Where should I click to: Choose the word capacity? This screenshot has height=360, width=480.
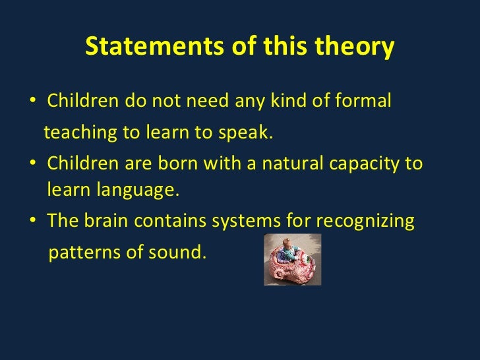coord(365,164)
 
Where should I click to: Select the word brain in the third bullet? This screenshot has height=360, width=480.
coord(109,221)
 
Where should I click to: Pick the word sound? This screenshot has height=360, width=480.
coord(180,252)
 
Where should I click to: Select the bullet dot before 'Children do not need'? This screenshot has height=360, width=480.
coord(33,103)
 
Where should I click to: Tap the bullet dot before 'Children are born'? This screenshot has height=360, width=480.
coord(33,164)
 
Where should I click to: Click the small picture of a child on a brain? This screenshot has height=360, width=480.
coord(292,259)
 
